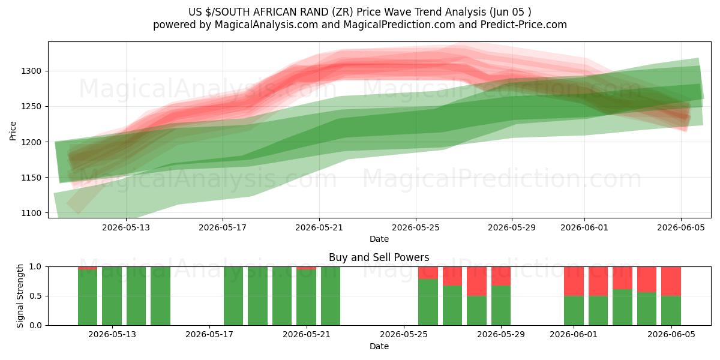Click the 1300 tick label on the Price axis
pyautogui.click(x=31, y=71)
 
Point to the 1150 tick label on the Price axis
pyautogui.click(x=31, y=178)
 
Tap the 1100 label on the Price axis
pyautogui.click(x=31, y=213)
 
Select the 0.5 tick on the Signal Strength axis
pyautogui.click(x=35, y=296)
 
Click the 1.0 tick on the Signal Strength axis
pyautogui.click(x=35, y=266)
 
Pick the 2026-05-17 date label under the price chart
pyautogui.click(x=223, y=227)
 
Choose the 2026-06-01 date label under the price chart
pyautogui.click(x=584, y=227)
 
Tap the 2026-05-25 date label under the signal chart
pyautogui.click(x=404, y=335)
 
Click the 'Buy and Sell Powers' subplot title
pyautogui.click(x=379, y=257)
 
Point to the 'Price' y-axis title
pyautogui.click(x=13, y=131)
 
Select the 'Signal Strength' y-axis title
pyautogui.click(x=20, y=296)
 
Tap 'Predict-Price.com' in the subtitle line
pyautogui.click(x=524, y=25)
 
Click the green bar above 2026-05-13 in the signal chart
pyautogui.click(x=112, y=296)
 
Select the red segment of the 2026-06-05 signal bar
pyautogui.click(x=671, y=281)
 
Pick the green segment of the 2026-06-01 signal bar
pyautogui.click(x=574, y=311)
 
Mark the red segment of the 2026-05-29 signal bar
pyautogui.click(x=501, y=276)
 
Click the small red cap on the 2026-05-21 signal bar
pyautogui.click(x=306, y=268)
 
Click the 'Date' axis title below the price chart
pyautogui.click(x=379, y=239)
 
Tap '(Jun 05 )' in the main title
pyautogui.click(x=511, y=12)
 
